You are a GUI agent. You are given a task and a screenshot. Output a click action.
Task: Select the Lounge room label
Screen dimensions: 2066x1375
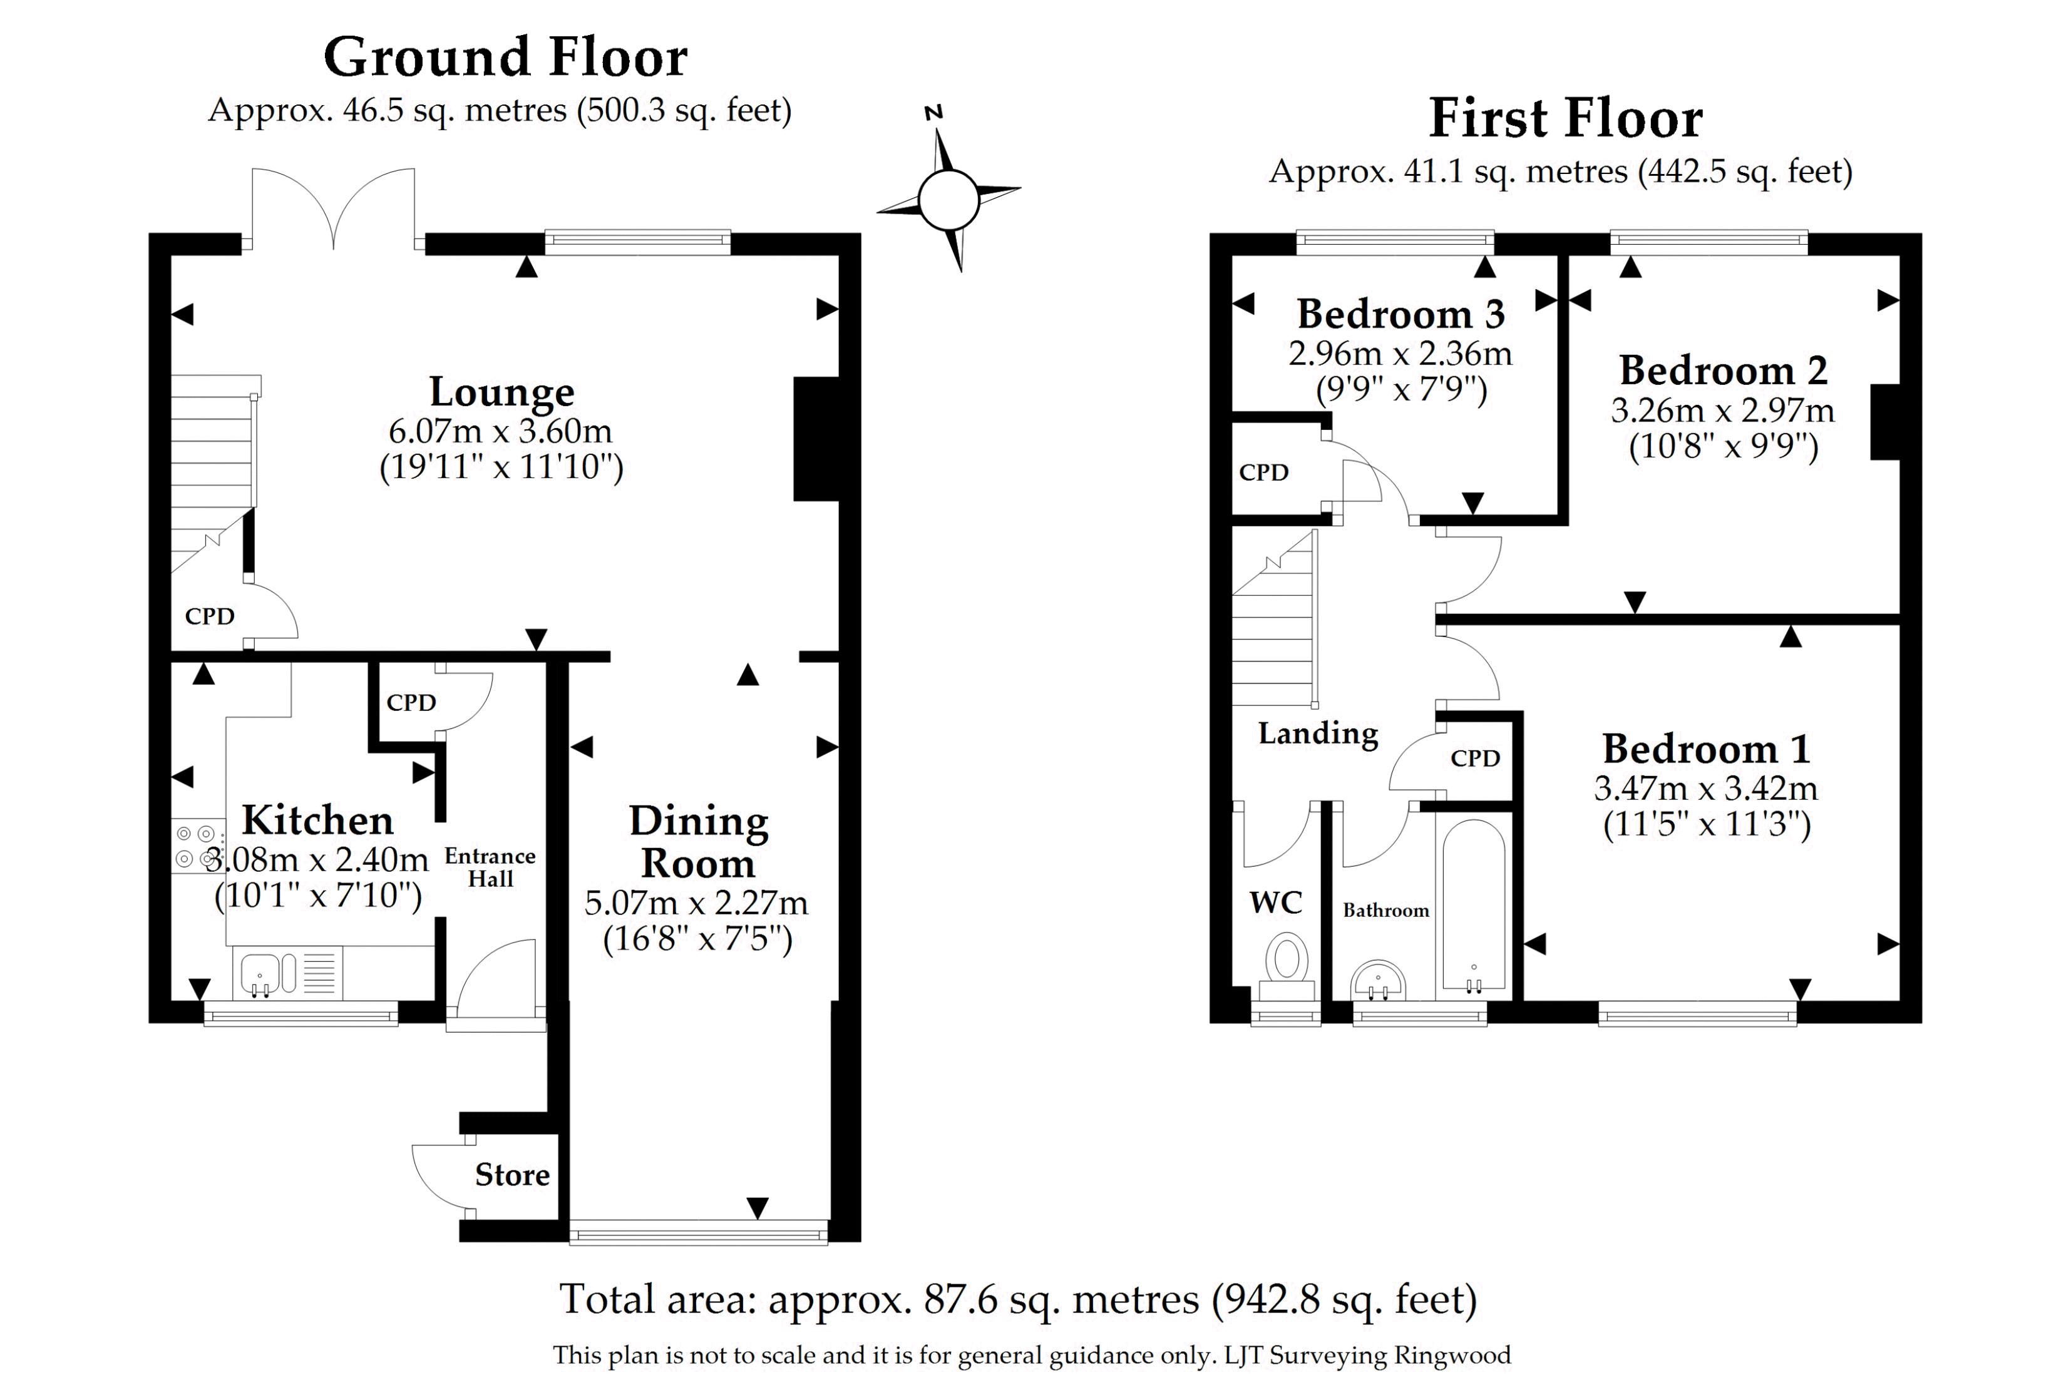pos(501,392)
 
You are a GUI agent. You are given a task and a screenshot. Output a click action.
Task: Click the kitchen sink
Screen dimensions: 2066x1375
pos(260,975)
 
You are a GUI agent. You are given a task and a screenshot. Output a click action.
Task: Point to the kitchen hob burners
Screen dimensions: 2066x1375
pos(195,846)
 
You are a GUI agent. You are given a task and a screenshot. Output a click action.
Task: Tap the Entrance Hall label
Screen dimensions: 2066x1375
pos(490,867)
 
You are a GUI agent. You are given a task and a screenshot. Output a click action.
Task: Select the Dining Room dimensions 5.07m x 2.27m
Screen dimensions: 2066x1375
pos(696,902)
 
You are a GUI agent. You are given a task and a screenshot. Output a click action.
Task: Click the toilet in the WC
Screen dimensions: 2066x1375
pos(1286,960)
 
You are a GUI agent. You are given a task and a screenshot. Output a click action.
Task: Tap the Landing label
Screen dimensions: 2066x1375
pos(1318,733)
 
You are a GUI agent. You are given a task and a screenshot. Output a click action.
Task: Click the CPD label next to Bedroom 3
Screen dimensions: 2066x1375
pos(1263,473)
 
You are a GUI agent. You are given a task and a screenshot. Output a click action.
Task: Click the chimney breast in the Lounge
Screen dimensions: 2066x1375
pos(816,439)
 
